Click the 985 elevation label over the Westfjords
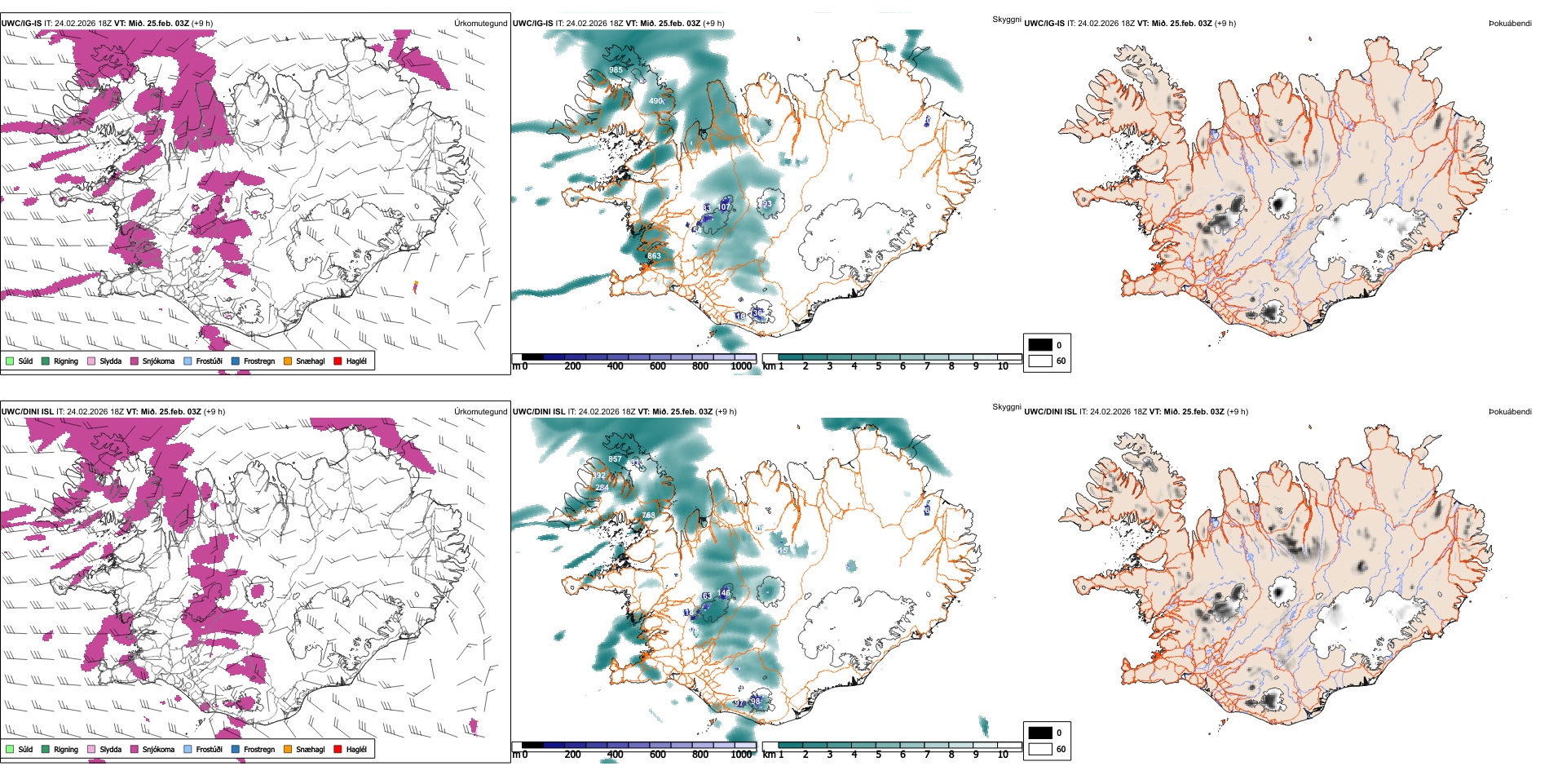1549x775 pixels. point(616,70)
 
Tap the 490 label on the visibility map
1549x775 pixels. point(656,101)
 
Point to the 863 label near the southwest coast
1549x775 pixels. point(654,256)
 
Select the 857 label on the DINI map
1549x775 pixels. point(615,459)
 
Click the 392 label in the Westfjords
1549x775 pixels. point(599,476)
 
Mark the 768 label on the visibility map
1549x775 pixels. point(648,516)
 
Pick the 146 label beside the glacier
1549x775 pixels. point(724,593)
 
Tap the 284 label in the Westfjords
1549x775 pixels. point(602,488)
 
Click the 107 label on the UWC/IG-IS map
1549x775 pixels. point(724,207)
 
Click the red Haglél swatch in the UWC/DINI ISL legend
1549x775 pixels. point(338,749)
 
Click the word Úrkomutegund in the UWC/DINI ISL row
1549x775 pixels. point(480,412)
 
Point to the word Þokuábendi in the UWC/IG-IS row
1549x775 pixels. point(1510,24)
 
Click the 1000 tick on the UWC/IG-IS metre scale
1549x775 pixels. point(741,366)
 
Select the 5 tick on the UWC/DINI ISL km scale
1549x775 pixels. point(878,755)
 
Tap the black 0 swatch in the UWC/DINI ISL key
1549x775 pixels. point(1040,733)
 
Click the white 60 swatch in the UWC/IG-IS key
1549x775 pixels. point(1040,361)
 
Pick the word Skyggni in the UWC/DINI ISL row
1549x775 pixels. point(1006,407)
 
